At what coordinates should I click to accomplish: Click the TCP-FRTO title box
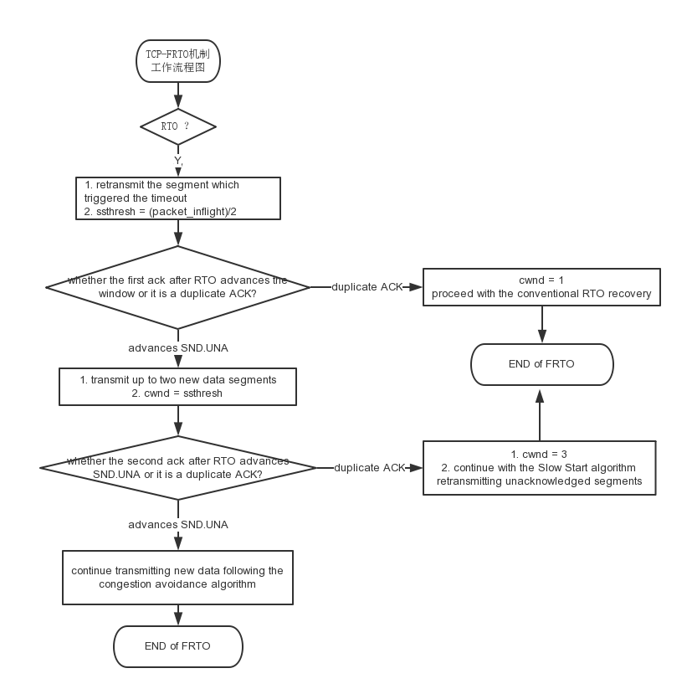click(x=177, y=62)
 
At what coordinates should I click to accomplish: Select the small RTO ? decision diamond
click(x=177, y=126)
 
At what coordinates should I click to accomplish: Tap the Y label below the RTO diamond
click(x=177, y=159)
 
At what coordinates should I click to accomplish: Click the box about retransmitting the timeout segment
click(x=177, y=198)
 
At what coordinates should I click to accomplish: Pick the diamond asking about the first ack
click(x=177, y=286)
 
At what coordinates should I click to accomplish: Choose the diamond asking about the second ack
click(x=177, y=467)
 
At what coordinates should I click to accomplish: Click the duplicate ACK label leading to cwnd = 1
click(x=367, y=287)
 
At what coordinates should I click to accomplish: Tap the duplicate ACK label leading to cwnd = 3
click(x=369, y=467)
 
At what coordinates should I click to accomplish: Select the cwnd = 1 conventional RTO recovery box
click(x=541, y=287)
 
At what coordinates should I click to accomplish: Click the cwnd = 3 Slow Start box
click(x=539, y=467)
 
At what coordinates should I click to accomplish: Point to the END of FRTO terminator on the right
click(x=541, y=364)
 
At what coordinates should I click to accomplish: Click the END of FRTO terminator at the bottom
click(x=177, y=646)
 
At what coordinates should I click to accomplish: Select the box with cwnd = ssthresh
click(x=177, y=386)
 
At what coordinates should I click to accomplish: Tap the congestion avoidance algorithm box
click(x=177, y=577)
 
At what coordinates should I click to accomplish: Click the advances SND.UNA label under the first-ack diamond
click(x=177, y=347)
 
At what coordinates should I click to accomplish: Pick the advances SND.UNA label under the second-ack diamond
click(x=177, y=525)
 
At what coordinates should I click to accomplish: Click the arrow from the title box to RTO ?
click(x=177, y=95)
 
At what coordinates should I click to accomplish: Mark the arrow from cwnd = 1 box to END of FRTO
click(x=541, y=325)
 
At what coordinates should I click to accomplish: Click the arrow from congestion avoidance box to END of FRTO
click(x=177, y=614)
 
